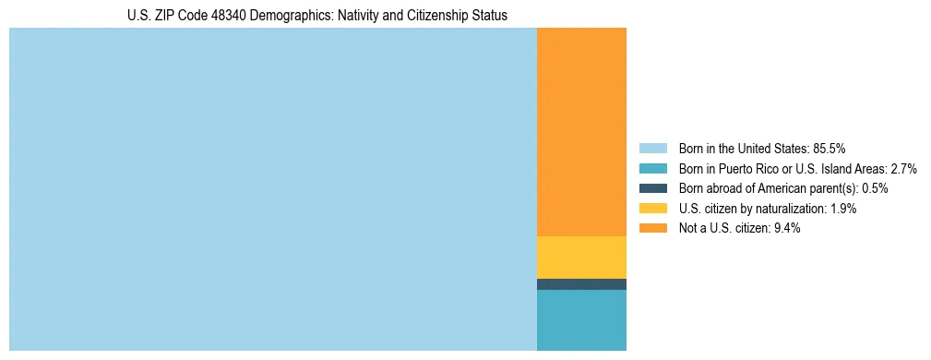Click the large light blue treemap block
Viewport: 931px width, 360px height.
coord(272,189)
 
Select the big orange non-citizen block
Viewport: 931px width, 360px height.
coord(581,132)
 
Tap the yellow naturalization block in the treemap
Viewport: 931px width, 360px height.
coord(581,258)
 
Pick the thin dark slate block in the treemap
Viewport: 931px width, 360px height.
coord(581,284)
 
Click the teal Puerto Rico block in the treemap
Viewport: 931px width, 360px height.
coord(581,320)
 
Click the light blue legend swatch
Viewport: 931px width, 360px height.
coord(652,149)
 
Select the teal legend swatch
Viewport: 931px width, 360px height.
coord(652,169)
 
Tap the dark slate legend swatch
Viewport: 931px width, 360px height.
coord(652,188)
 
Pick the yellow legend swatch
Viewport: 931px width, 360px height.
coord(652,209)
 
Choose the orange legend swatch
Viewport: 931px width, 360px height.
coord(652,228)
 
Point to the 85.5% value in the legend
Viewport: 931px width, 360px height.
coord(829,149)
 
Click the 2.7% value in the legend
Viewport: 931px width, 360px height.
coord(903,169)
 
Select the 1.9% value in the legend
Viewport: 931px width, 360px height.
coord(841,209)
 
